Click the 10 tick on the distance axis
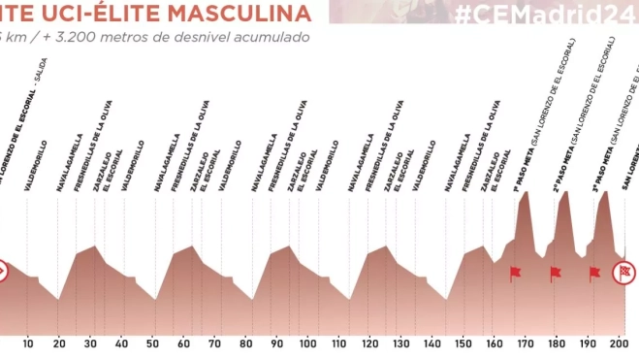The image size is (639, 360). click(28, 343)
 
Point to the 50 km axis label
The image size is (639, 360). click(152, 343)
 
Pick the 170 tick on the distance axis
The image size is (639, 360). click(525, 343)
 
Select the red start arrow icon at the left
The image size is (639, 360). click(4, 269)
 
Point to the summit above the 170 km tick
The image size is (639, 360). click(526, 193)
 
